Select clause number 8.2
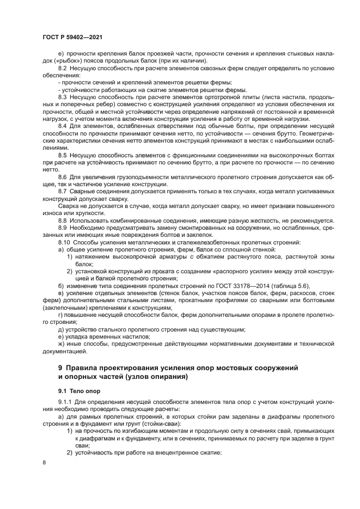point(63,68)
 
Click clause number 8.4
point(63,126)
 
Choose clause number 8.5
point(63,155)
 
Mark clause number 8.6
point(63,177)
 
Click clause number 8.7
point(63,192)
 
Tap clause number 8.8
point(63,220)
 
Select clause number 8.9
point(63,228)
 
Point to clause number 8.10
point(64,242)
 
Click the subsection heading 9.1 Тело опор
point(79,391)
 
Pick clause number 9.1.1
point(66,402)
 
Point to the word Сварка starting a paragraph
point(68,206)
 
